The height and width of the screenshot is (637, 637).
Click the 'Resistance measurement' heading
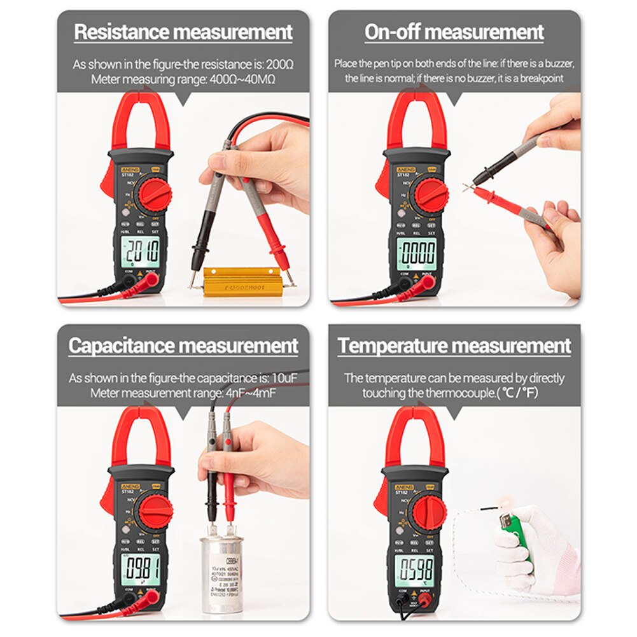point(183,32)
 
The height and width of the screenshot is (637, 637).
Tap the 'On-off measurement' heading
point(454,32)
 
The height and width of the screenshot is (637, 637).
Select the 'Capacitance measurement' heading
point(183,346)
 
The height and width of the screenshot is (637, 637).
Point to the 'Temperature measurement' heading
point(454,346)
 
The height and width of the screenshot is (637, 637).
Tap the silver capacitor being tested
point(222,572)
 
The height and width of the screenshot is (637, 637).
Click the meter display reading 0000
point(417,253)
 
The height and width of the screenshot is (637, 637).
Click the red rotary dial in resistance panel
point(154,193)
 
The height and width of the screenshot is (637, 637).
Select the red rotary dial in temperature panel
point(428,508)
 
